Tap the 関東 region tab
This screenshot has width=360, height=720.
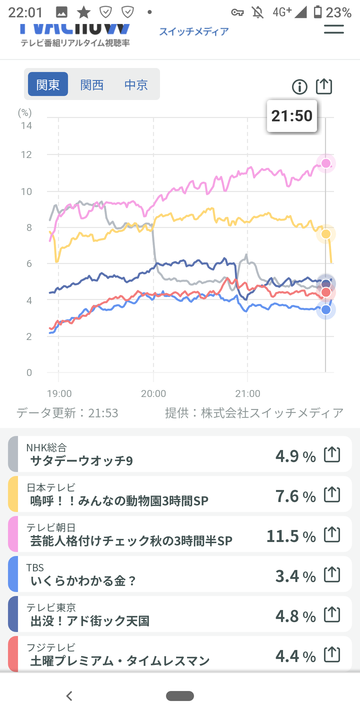(x=48, y=84)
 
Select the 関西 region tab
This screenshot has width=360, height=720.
(x=92, y=85)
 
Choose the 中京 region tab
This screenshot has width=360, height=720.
(x=136, y=85)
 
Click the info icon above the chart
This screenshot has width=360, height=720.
(x=300, y=87)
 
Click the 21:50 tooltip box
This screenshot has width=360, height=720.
(x=292, y=116)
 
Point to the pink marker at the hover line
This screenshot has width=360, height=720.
(x=326, y=163)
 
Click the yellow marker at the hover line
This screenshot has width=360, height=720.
(x=326, y=234)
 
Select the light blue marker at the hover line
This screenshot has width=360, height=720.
(x=326, y=310)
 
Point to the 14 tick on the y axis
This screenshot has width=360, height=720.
(x=26, y=126)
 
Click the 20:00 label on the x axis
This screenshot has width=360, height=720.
(x=153, y=394)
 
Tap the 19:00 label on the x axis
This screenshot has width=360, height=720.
(x=59, y=394)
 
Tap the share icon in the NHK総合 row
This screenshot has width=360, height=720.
(x=332, y=455)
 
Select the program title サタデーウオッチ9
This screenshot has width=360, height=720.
(x=82, y=461)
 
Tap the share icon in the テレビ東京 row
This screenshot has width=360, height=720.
(x=332, y=615)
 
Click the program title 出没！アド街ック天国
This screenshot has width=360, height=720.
(x=90, y=621)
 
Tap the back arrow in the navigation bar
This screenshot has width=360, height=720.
(x=69, y=696)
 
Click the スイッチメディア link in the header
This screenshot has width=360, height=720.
(x=194, y=32)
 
